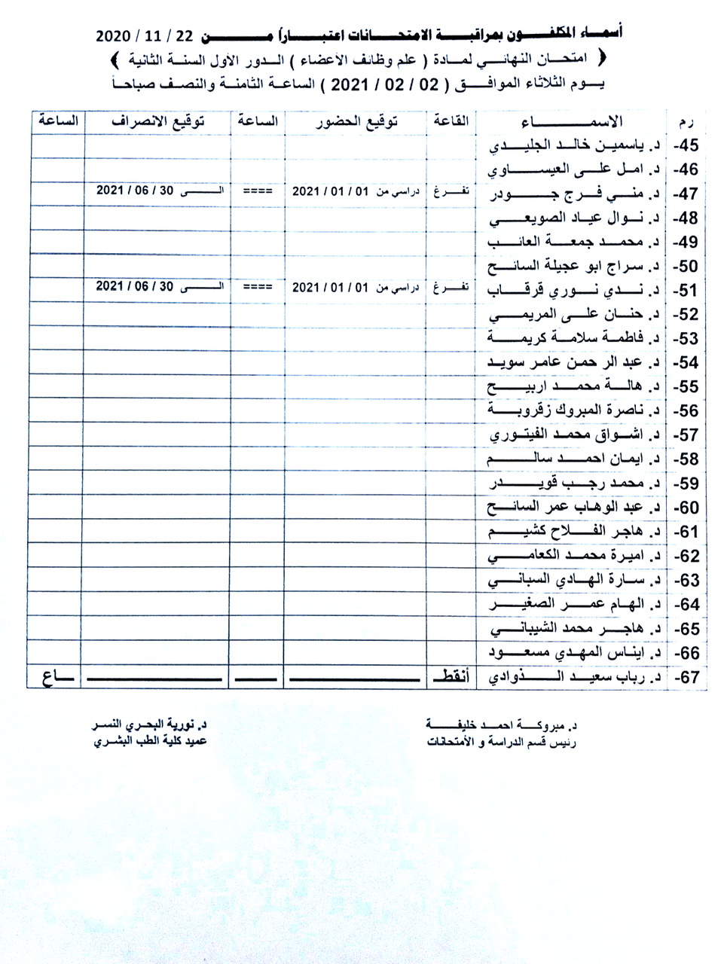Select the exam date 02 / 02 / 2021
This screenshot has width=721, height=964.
[389, 85]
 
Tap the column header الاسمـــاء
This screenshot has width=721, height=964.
[572, 122]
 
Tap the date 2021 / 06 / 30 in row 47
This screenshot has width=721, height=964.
[135, 191]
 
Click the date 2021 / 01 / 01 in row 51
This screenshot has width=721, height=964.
[331, 288]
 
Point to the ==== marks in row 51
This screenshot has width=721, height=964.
[258, 288]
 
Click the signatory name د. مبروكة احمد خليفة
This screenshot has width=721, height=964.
[500, 725]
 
